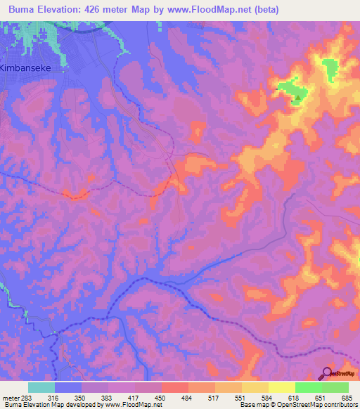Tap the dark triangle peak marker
[298, 98]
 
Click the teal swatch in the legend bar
[41, 387]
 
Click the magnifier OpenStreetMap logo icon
[328, 373]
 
